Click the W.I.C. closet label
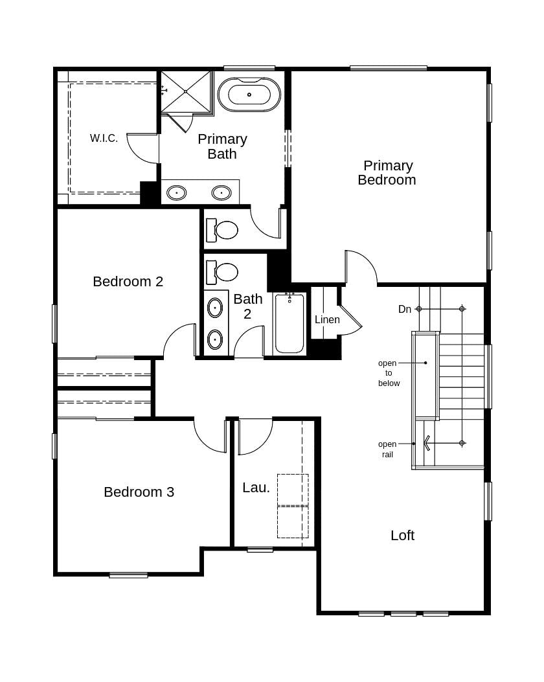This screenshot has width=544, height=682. point(104,138)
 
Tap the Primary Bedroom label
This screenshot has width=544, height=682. point(387,173)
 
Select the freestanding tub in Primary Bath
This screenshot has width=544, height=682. point(249,95)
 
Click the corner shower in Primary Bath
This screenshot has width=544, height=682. point(186,92)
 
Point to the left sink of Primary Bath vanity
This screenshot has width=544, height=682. point(177,192)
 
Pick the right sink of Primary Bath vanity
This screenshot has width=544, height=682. point(221,192)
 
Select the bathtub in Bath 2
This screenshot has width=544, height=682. point(289,323)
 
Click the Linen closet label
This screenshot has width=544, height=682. point(327,319)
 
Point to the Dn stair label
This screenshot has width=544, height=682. point(405,310)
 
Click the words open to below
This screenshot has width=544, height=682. point(389,373)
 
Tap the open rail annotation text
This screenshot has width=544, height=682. point(387,449)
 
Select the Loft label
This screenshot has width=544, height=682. point(402,536)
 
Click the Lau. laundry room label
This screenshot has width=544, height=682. point(256,488)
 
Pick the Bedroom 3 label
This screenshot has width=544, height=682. point(139,492)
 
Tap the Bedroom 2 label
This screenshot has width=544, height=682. point(128,282)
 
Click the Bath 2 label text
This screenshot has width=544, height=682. point(248,306)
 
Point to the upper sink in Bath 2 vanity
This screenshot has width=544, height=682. point(215,307)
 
